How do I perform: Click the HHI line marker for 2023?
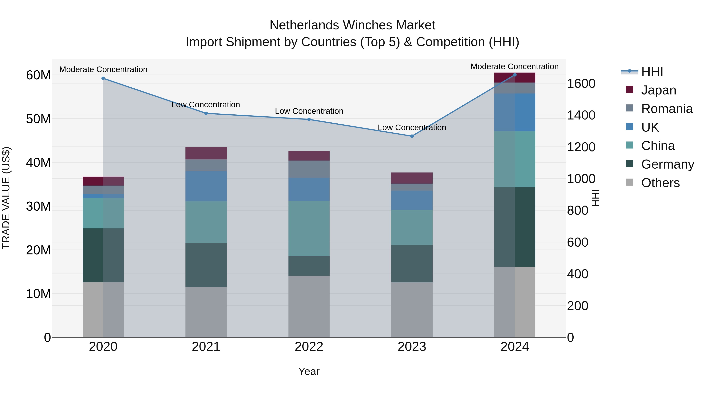[412, 136]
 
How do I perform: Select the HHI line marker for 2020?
[103, 78]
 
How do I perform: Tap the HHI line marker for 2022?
[309, 119]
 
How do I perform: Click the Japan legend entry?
[658, 90]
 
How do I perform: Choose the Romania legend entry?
[666, 109]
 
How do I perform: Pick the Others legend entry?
[660, 183]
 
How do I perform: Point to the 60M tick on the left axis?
[38, 75]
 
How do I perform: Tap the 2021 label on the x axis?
[206, 347]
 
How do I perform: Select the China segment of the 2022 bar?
[309, 228]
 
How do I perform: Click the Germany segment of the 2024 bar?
[515, 227]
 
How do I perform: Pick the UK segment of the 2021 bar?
[206, 186]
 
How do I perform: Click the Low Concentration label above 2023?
[412, 128]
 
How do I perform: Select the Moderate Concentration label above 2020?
[103, 69]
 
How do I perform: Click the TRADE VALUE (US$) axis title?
[6, 198]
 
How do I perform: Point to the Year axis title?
[309, 371]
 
